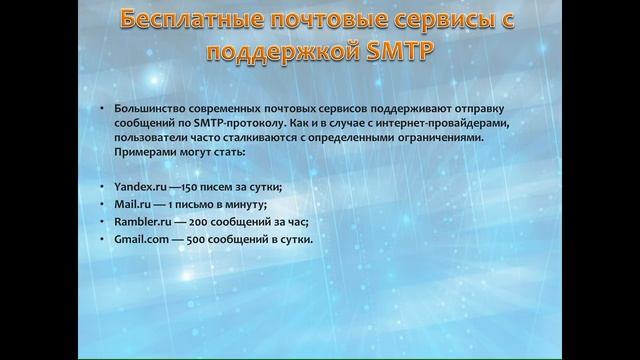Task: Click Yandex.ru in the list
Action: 137,187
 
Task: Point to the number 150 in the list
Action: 188,187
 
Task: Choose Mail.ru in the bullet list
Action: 131,204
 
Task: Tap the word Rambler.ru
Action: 140,222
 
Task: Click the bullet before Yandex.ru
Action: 103,188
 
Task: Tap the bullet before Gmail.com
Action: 103,240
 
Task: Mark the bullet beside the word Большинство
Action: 103,108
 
